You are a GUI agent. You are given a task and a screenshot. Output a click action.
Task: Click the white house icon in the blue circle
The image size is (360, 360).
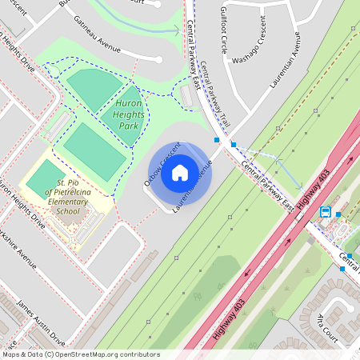pyautogui.click(x=179, y=171)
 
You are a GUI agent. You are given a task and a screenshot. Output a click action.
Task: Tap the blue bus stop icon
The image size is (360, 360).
pyautogui.click(x=326, y=212)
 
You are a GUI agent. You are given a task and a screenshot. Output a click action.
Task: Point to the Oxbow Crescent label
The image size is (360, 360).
pyautogui.click(x=158, y=170)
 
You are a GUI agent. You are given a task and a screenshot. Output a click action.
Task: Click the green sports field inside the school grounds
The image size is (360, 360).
pyautogui.click(x=46, y=179)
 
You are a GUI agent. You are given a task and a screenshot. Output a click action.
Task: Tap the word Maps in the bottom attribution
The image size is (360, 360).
pyautogui.click(x=12, y=354)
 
